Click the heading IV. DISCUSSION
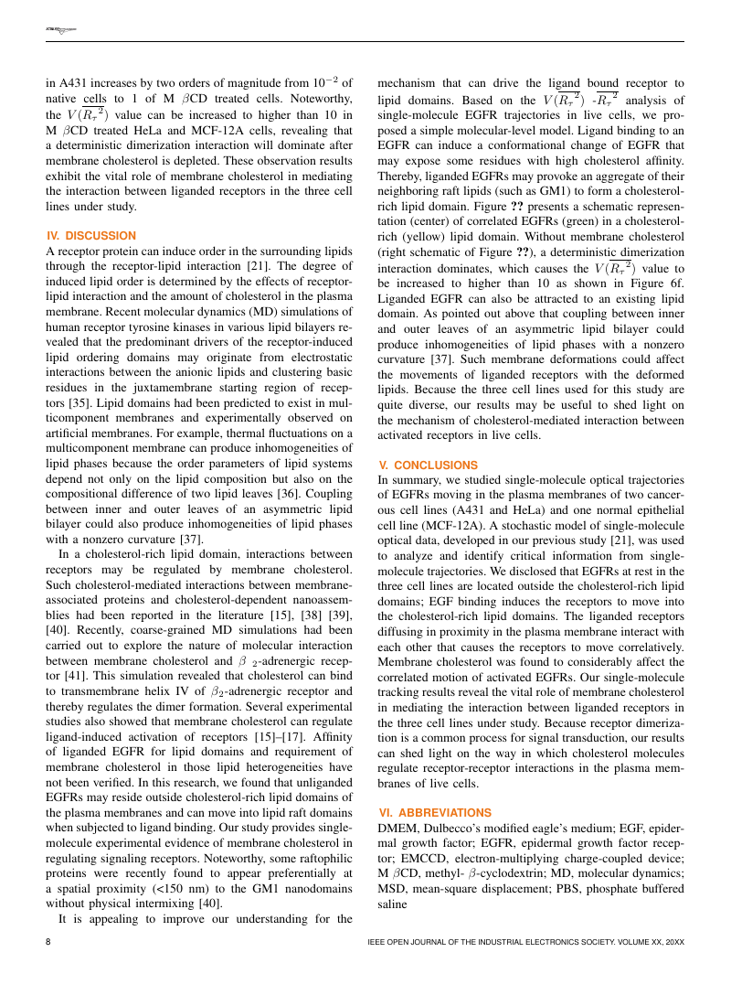90,235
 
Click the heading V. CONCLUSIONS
429,465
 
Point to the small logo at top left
61,30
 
